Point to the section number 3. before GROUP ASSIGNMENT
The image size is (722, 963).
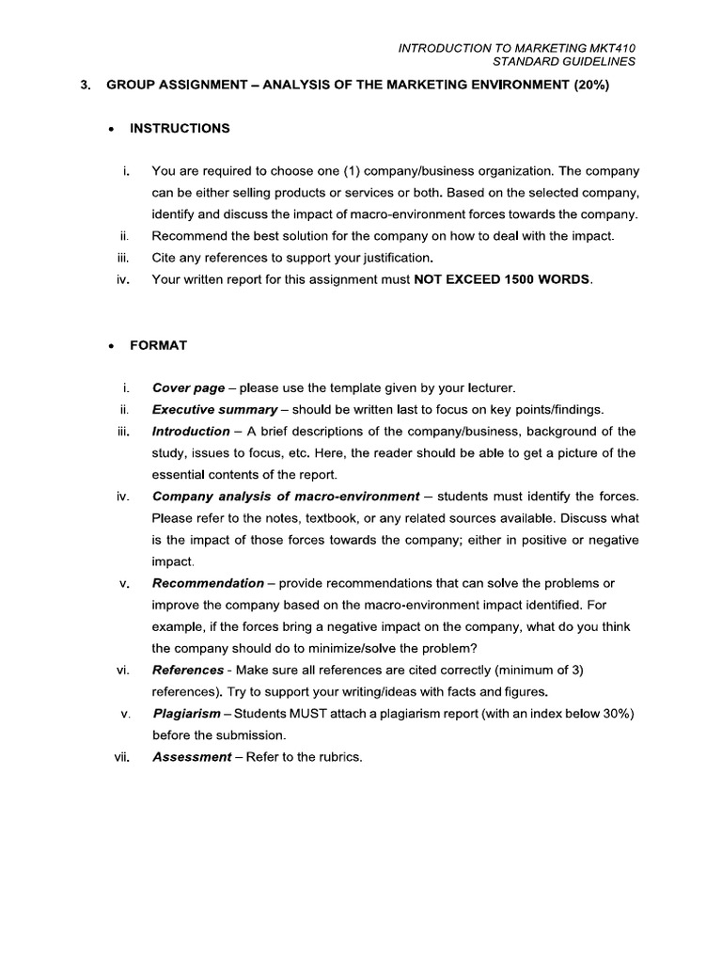pos(86,86)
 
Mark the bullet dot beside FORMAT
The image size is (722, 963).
pos(112,346)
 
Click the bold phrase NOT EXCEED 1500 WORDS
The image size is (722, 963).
pos(503,279)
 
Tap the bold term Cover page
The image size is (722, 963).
pos(188,388)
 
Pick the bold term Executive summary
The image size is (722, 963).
pos(214,410)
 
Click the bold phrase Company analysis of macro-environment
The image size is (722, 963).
pos(286,497)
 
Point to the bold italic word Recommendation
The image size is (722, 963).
pos(208,583)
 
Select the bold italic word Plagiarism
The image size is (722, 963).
pos(187,714)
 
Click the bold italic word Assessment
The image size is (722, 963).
pos(192,757)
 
